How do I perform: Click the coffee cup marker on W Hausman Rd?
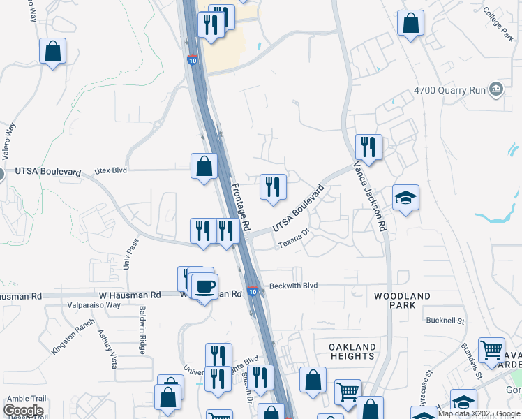point(204,286)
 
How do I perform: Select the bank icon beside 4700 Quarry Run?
point(496,89)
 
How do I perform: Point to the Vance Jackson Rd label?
point(371,198)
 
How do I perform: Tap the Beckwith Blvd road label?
point(293,286)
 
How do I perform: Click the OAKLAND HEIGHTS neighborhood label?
point(352,351)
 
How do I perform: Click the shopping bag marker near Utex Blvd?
point(204,167)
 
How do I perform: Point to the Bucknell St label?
point(445,321)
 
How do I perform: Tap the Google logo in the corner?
point(23,411)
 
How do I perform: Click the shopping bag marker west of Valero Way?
point(52,51)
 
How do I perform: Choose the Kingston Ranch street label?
point(72,337)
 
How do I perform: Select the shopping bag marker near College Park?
point(410,23)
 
